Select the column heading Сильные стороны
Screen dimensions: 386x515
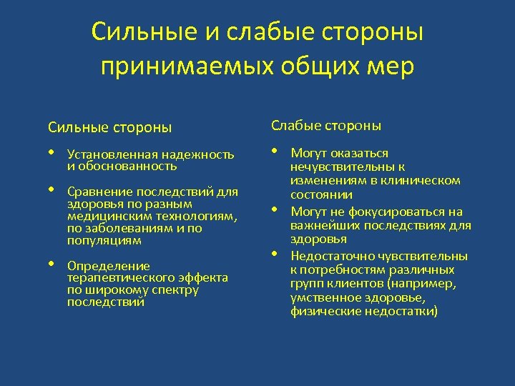tap(110, 128)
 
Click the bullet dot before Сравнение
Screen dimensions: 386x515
tap(51, 190)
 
